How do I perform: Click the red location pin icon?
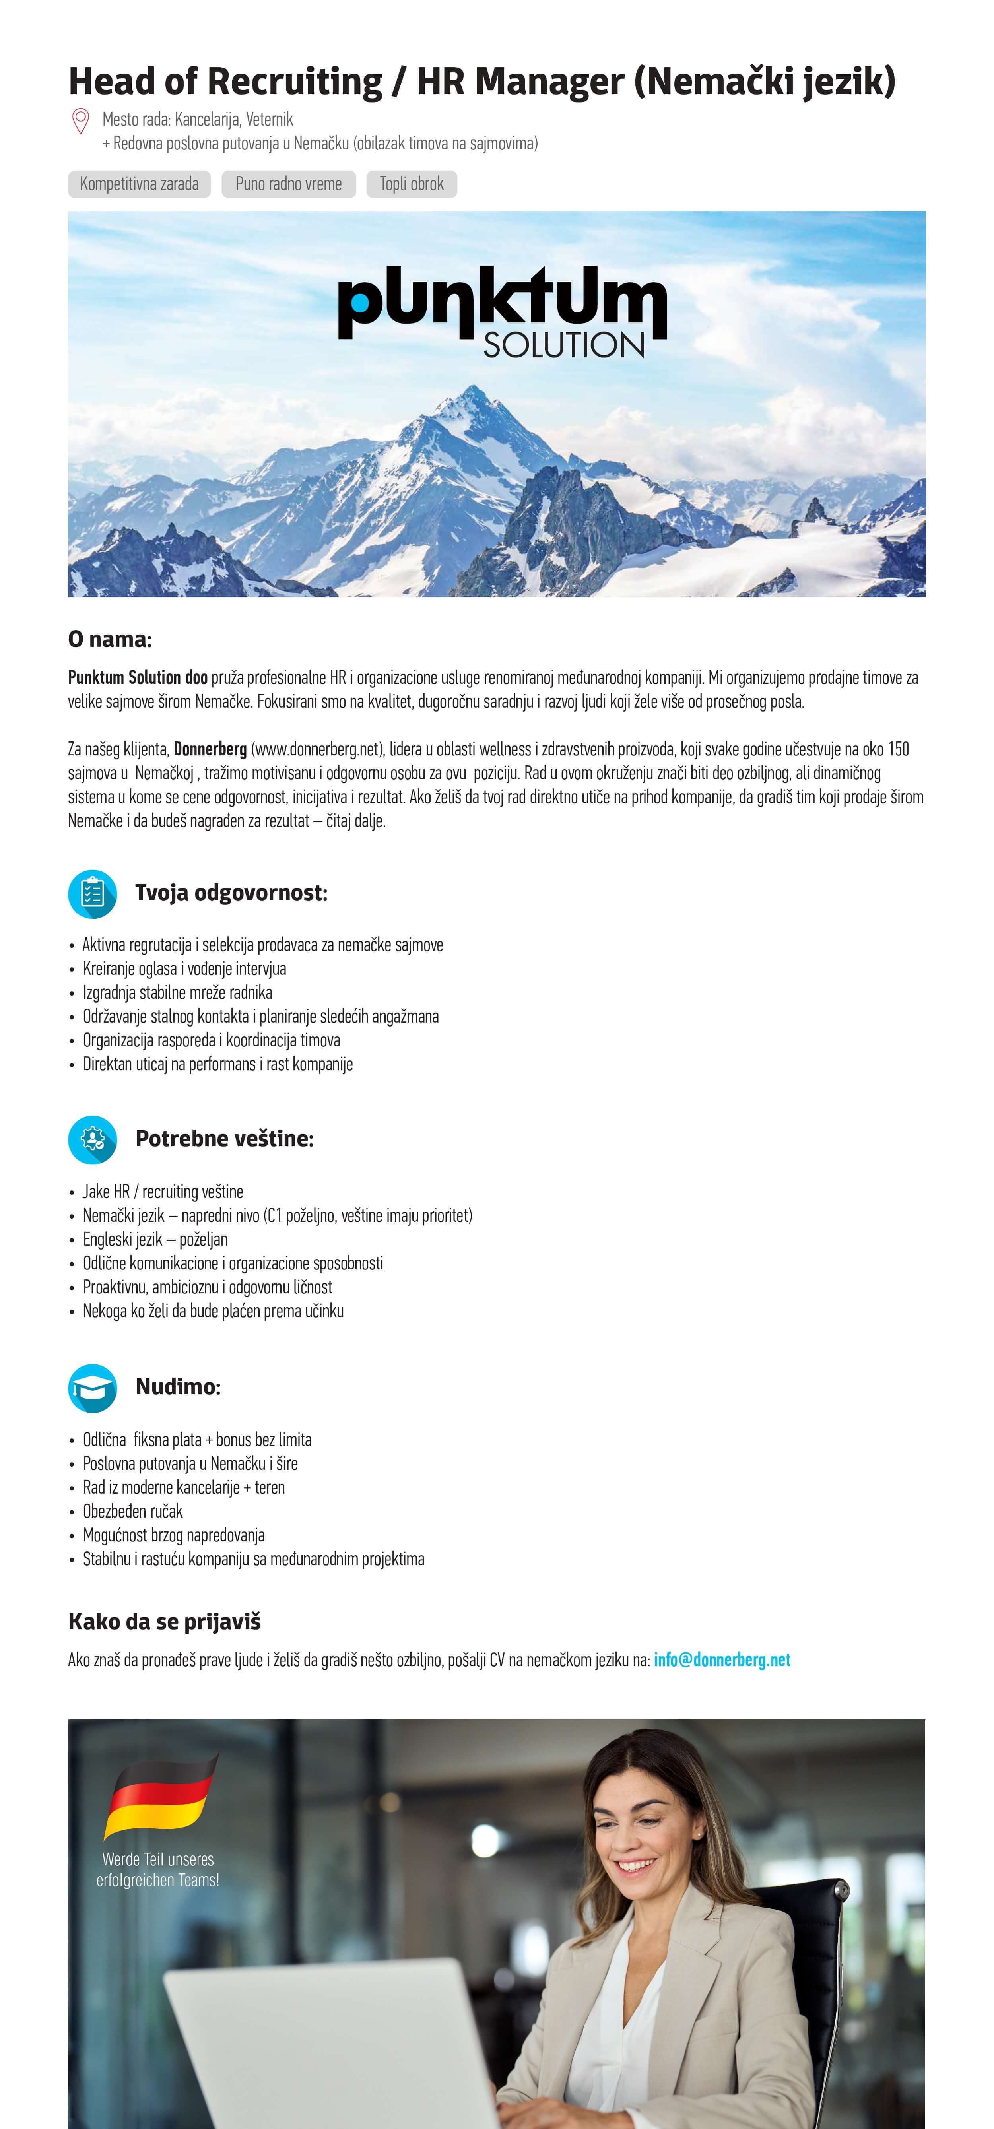coord(80,121)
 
